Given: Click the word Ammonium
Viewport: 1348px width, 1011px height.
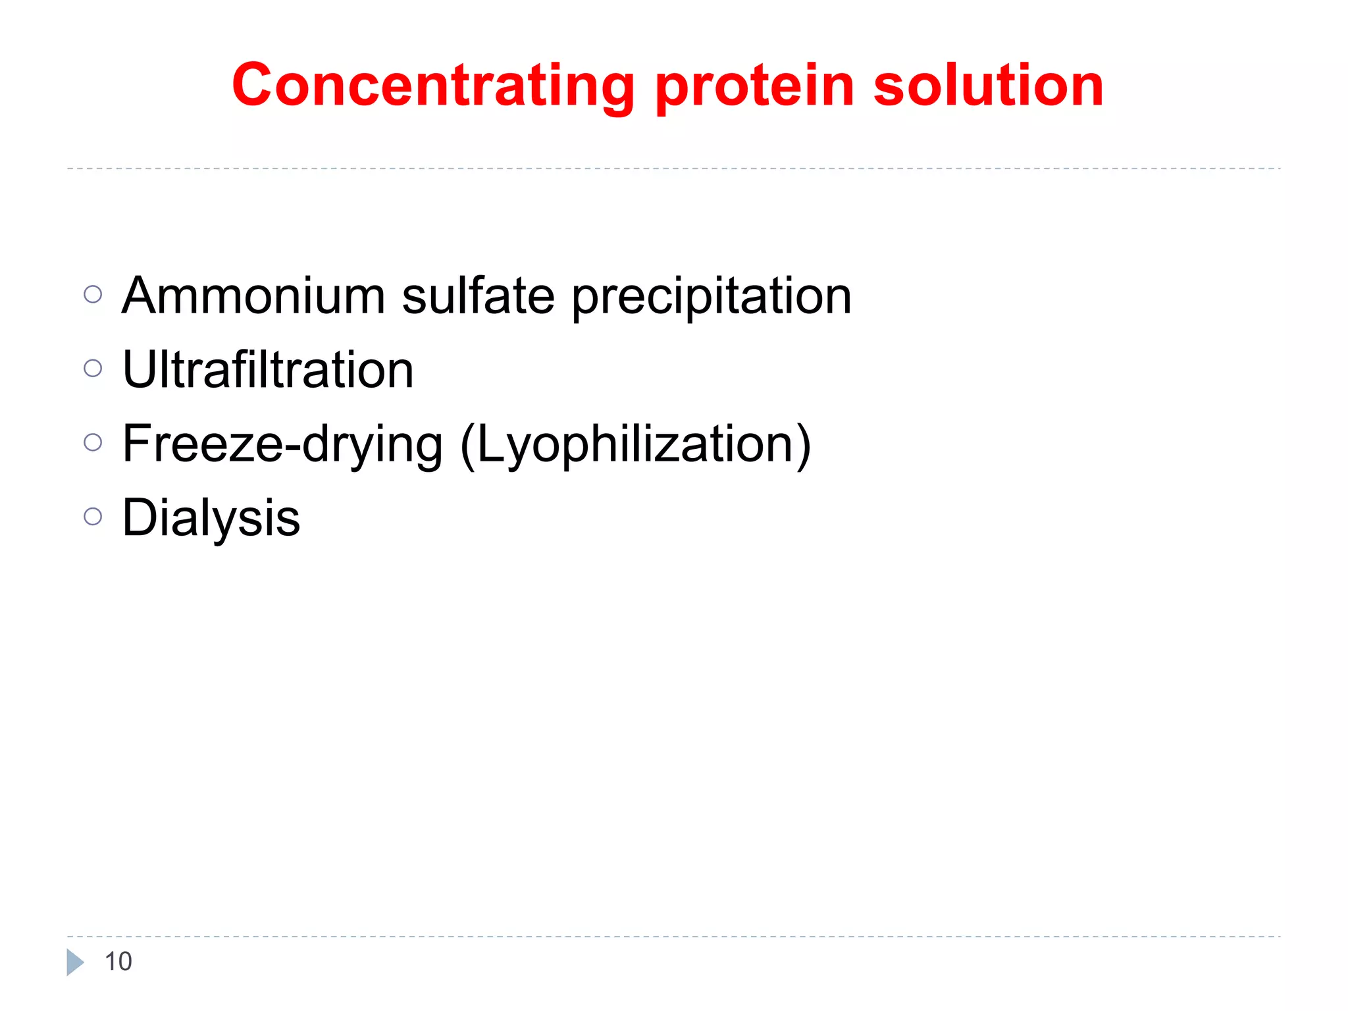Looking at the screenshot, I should (253, 296).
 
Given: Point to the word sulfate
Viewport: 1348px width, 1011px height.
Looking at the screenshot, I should (479, 296).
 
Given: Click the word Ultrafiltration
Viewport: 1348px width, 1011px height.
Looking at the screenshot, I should (268, 370).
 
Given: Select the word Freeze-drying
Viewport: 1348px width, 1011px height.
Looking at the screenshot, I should (282, 444).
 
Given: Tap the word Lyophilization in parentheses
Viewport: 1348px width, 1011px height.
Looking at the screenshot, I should (635, 445).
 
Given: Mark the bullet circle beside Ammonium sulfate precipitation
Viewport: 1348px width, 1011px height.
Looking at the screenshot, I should (93, 294).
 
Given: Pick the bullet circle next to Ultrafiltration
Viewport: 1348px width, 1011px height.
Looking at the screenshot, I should (93, 368).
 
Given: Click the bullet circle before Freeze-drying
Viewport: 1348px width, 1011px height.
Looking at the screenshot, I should (93, 442).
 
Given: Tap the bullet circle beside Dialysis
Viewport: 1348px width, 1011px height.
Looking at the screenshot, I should (93, 517).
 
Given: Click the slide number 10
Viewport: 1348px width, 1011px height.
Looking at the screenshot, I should (118, 962).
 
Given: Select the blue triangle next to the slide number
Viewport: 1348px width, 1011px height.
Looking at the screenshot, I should (74, 962).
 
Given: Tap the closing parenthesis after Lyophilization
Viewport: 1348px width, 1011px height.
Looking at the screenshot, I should (803, 446).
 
